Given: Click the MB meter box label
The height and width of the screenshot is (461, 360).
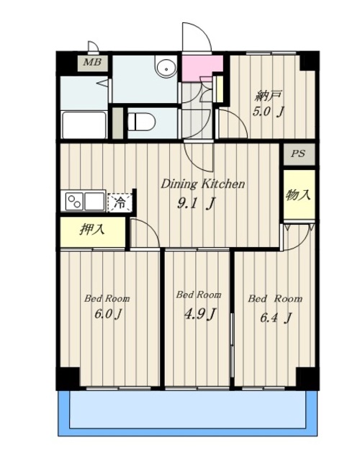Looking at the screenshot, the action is point(92,63).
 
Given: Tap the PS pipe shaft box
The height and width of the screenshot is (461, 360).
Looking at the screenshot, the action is point(299,153).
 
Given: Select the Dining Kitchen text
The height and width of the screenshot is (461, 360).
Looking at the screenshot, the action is point(202,184).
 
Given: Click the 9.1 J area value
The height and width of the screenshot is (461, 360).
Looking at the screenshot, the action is point(197,203).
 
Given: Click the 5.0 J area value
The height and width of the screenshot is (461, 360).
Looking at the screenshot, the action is point(269,112).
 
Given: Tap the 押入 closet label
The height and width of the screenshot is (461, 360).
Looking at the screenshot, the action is point(92,229).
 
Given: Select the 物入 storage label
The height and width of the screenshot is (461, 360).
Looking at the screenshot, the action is point(298,194).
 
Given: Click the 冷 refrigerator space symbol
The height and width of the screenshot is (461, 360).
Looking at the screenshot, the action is point(120,202).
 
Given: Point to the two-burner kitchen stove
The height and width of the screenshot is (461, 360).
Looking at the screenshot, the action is point(74,202).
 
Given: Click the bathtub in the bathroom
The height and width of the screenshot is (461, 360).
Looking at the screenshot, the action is point(84,125).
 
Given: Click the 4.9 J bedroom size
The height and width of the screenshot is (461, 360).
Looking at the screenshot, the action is point(200,314).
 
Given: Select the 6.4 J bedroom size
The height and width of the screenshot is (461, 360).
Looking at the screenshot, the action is point(276,318).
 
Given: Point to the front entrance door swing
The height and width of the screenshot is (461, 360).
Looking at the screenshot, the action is point(197,37).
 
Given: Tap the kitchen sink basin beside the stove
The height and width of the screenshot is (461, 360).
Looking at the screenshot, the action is point(94,202).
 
